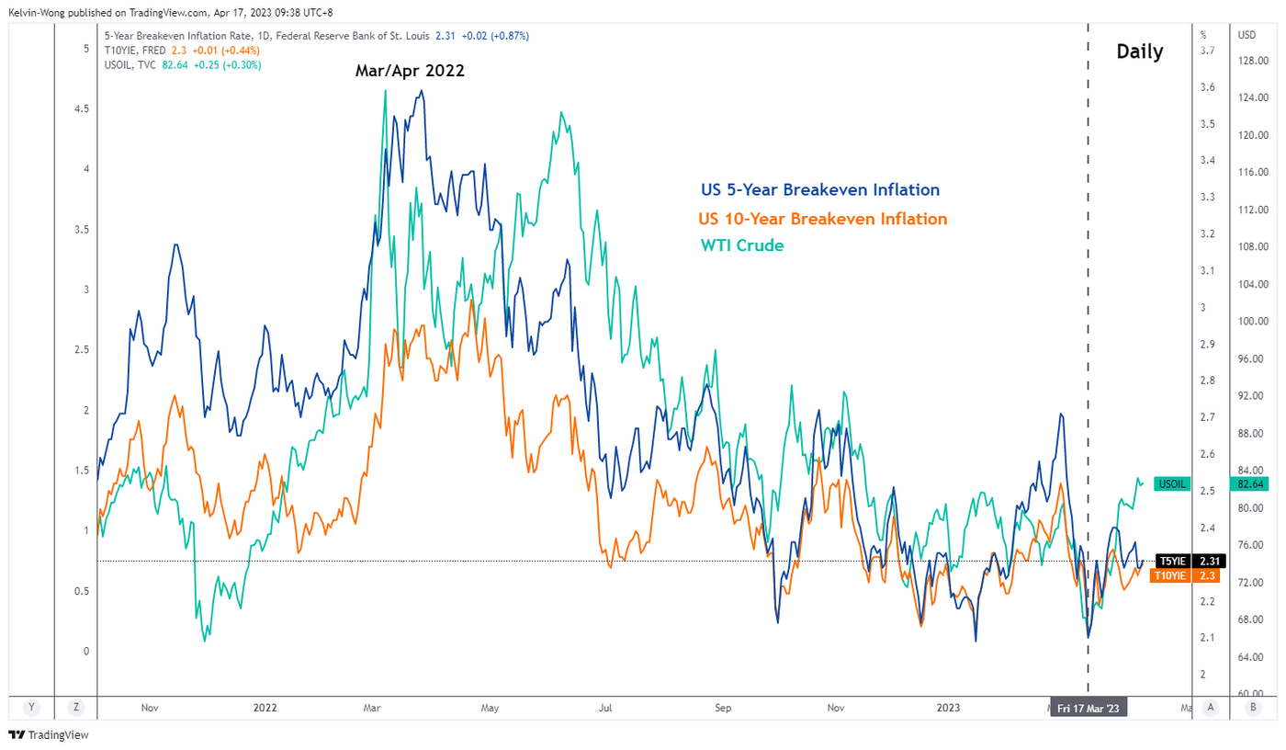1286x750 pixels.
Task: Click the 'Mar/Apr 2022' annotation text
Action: tap(410, 71)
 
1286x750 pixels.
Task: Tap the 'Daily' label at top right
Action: tap(1140, 51)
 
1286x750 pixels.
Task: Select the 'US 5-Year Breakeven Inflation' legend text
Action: tap(818, 190)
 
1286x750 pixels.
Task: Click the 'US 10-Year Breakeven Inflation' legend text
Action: tap(822, 219)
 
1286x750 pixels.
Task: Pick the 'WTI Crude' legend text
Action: tap(742, 245)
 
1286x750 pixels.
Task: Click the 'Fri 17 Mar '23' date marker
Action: tap(1088, 709)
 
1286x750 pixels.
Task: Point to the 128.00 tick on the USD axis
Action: tap(1252, 61)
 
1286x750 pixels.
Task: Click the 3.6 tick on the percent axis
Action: tap(1207, 87)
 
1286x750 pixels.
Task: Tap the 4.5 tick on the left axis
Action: tap(81, 108)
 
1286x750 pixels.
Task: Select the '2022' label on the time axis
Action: tap(265, 708)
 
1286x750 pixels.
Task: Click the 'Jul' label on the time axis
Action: tap(605, 708)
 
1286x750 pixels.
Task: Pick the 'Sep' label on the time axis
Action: tap(722, 708)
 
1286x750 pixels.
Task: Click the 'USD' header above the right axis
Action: tap(1247, 35)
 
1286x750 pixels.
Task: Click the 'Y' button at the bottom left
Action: tap(31, 707)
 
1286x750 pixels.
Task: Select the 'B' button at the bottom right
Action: tap(1253, 707)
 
